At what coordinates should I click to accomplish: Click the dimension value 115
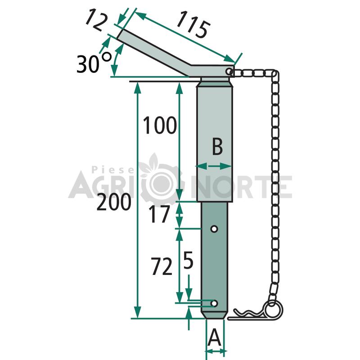tap(193, 25)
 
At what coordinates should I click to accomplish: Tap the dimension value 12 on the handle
tap(96, 19)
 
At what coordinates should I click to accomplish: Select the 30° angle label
tap(94, 63)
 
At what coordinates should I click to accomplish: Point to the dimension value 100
tap(160, 125)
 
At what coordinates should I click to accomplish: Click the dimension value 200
tap(114, 202)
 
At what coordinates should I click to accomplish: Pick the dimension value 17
tap(159, 214)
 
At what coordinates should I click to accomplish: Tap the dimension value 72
tap(162, 266)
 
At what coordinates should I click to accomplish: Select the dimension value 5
tap(188, 260)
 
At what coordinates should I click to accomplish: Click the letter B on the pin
tap(217, 147)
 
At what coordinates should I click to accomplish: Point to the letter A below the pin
tap(214, 337)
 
